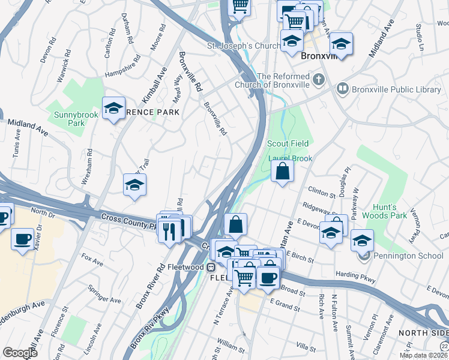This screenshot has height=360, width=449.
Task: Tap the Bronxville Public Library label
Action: tap(396, 89)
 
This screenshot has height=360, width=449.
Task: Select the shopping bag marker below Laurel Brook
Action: tap(282, 172)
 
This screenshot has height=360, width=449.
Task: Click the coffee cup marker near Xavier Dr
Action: tap(22, 239)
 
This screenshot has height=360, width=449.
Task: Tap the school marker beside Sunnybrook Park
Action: tap(113, 109)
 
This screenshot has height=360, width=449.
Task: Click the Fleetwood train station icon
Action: tap(211, 266)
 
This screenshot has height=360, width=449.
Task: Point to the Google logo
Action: tap(20, 353)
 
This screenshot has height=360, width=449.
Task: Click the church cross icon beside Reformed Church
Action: tap(318, 79)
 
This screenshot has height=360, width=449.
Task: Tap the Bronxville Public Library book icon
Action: tap(342, 89)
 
